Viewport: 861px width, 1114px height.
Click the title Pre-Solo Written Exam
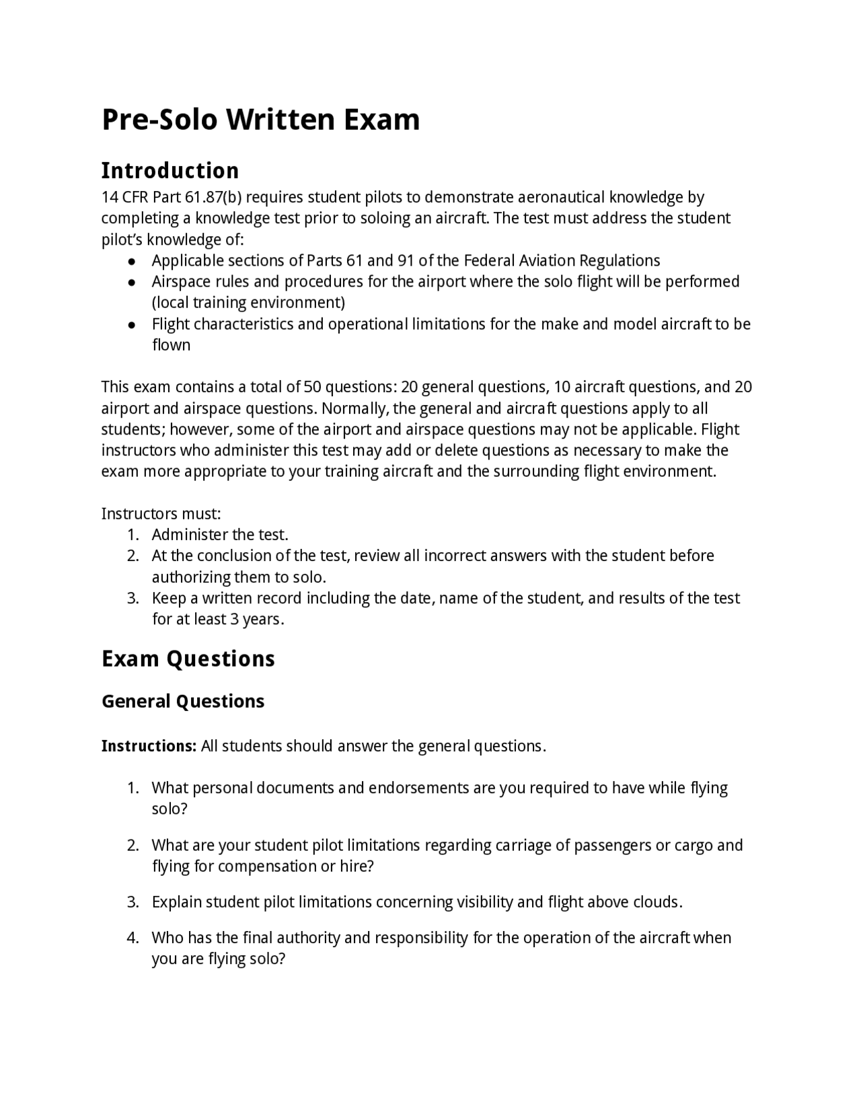260,120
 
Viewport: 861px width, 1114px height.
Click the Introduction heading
170,170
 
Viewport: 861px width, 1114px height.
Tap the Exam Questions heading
188,658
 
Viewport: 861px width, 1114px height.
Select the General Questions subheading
182,701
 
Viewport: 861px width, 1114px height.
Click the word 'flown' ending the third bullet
171,345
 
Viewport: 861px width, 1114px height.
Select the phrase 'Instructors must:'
161,514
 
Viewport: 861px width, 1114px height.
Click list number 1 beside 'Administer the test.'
133,535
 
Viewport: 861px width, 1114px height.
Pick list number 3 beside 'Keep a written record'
133,598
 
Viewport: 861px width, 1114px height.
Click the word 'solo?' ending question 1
170,809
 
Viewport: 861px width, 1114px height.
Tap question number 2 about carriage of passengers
133,845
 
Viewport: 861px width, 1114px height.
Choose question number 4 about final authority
133,938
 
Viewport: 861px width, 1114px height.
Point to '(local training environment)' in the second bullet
248,303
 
